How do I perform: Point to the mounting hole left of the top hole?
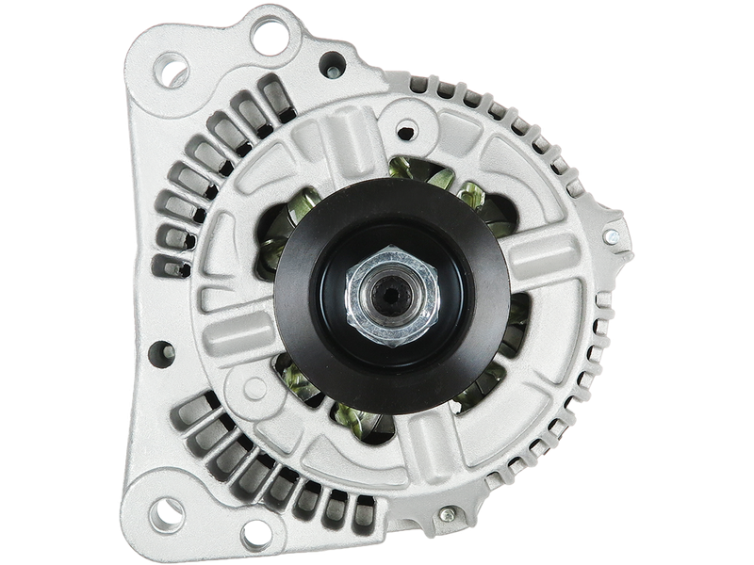pyautogui.click(x=173, y=72)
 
